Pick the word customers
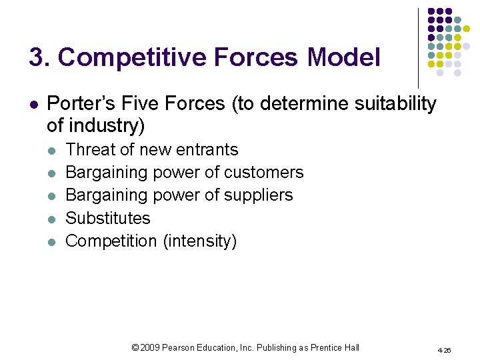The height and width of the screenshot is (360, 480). click(263, 172)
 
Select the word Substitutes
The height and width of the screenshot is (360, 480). click(108, 218)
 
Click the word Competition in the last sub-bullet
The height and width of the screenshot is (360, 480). click(111, 241)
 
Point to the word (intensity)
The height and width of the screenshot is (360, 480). click(200, 241)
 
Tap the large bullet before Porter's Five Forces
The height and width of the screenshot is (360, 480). click(33, 105)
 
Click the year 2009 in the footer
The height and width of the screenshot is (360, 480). click(149, 347)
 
